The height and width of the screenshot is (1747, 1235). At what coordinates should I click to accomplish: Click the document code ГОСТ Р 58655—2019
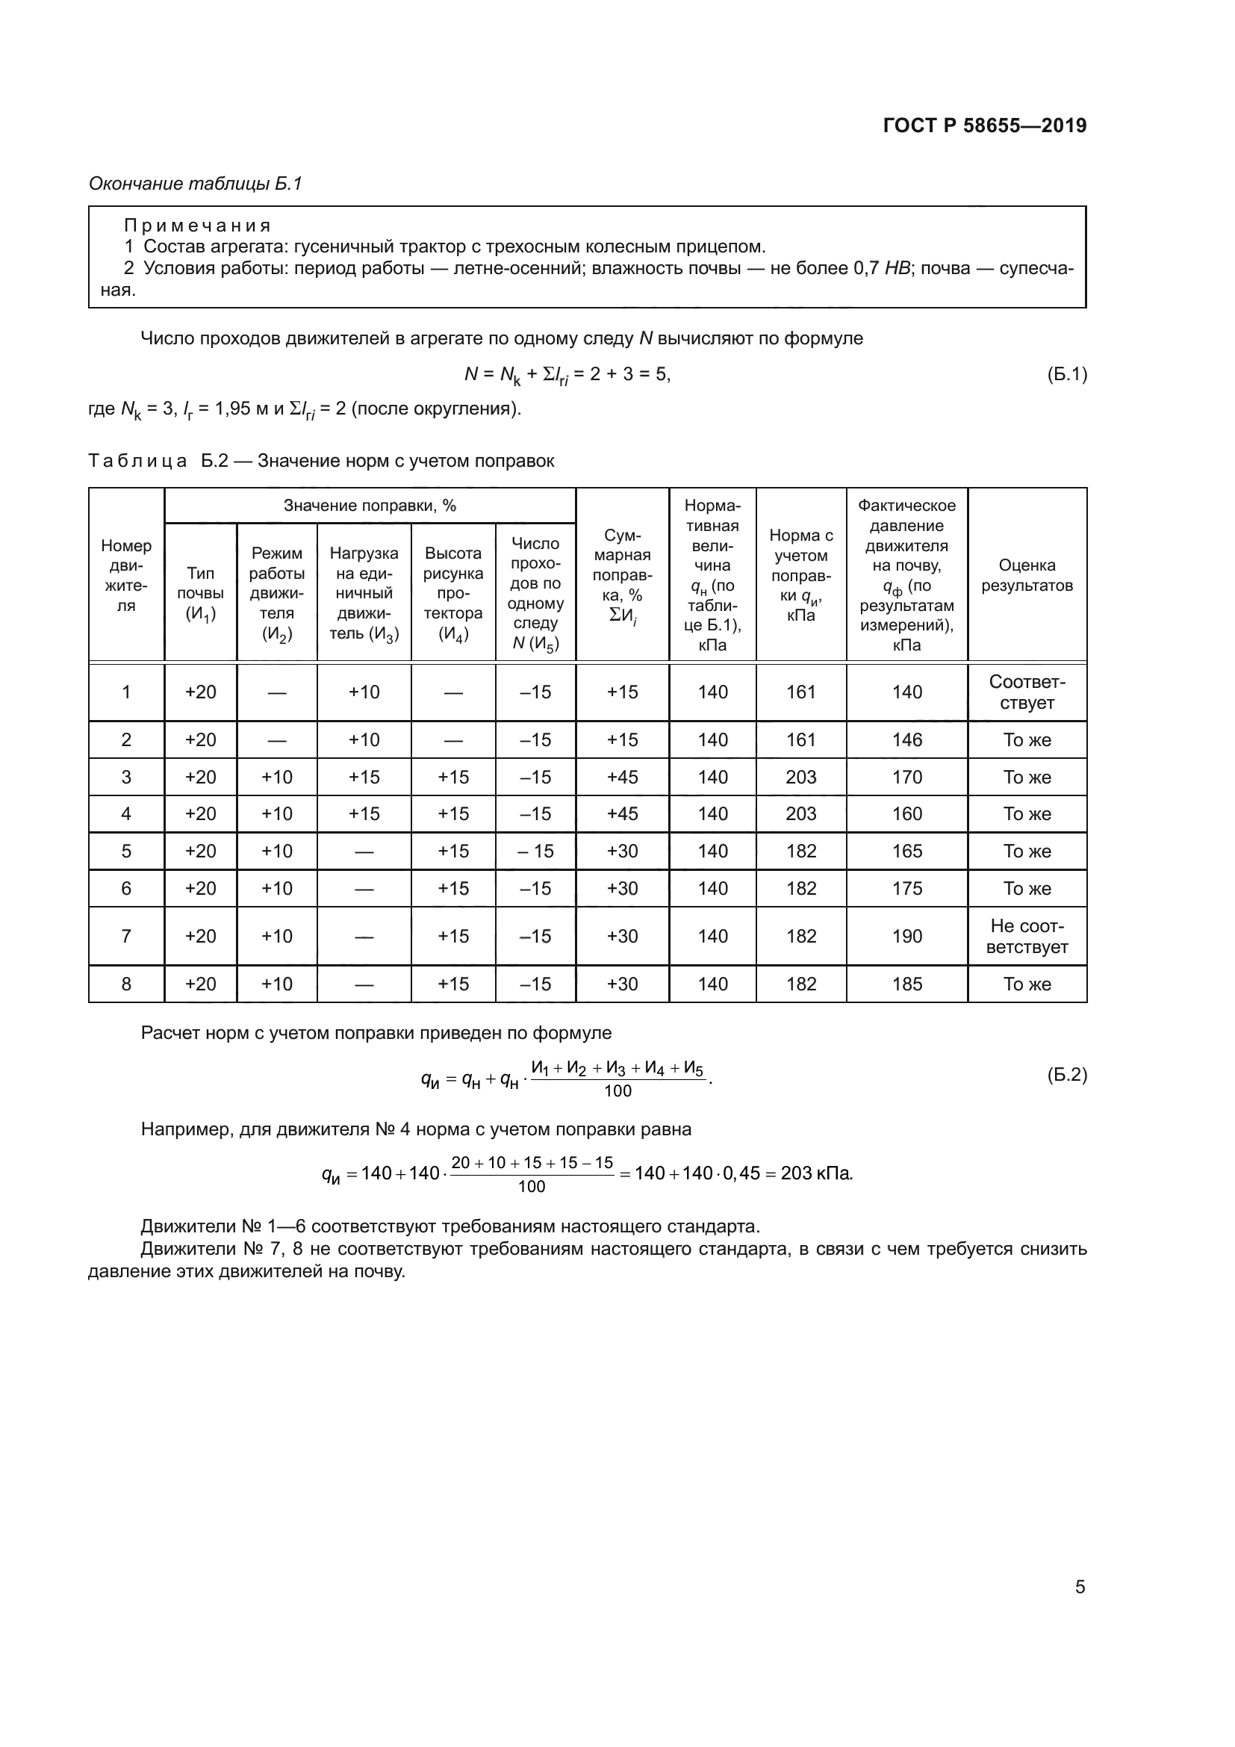tap(984, 125)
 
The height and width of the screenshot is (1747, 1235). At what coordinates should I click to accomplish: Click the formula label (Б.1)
tap(1066, 373)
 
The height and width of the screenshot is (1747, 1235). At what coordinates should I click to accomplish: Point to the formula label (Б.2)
tap(1066, 1074)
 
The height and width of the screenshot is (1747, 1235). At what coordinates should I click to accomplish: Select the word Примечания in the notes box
tap(198, 226)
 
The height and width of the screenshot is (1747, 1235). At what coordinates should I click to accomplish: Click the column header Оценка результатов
tap(1027, 575)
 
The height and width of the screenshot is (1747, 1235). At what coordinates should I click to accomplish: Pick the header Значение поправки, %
tap(370, 505)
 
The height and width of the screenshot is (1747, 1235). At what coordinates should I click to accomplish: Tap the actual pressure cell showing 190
tap(906, 936)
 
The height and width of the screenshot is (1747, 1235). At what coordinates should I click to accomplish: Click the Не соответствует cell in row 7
tap(1027, 936)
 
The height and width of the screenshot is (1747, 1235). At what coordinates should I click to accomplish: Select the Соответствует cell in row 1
tap(1027, 692)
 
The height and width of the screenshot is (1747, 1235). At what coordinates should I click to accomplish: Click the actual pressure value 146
tap(906, 739)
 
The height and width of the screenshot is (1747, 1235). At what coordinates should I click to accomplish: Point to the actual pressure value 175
tap(906, 888)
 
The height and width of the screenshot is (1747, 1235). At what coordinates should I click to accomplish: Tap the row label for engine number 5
tap(126, 851)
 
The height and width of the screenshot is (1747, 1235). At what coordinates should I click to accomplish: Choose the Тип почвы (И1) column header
tap(201, 594)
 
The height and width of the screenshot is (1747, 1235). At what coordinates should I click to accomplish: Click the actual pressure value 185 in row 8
tap(906, 984)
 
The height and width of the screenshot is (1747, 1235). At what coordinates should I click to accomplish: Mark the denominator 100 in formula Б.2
tap(617, 1091)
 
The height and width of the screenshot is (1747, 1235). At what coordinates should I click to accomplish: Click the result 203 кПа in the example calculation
tap(816, 1173)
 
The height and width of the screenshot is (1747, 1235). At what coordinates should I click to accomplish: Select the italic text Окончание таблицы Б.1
tap(196, 184)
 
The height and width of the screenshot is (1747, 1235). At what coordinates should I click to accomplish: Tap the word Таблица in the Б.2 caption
tap(137, 460)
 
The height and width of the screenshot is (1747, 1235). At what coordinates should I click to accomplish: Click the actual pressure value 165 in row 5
tap(906, 851)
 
